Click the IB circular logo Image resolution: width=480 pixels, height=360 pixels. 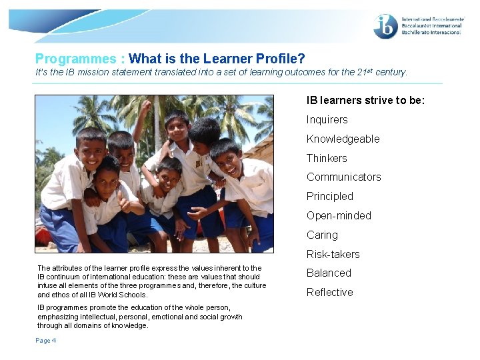[386, 27]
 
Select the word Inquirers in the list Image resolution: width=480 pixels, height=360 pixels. [327, 120]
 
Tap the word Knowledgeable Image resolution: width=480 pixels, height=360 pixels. [343, 139]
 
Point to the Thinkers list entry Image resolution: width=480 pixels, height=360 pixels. [327, 159]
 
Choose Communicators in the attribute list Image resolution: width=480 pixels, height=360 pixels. [343, 177]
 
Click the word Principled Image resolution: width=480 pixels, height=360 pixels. [329, 197]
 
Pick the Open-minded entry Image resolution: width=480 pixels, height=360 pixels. [338, 216]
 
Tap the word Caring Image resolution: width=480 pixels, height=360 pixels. [322, 235]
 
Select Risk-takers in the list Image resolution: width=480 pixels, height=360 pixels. [333, 255]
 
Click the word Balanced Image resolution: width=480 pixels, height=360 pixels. [329, 273]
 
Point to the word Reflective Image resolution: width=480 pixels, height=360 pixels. [329, 293]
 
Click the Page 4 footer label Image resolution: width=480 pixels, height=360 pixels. [47, 341]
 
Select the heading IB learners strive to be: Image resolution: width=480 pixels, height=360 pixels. [365, 101]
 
